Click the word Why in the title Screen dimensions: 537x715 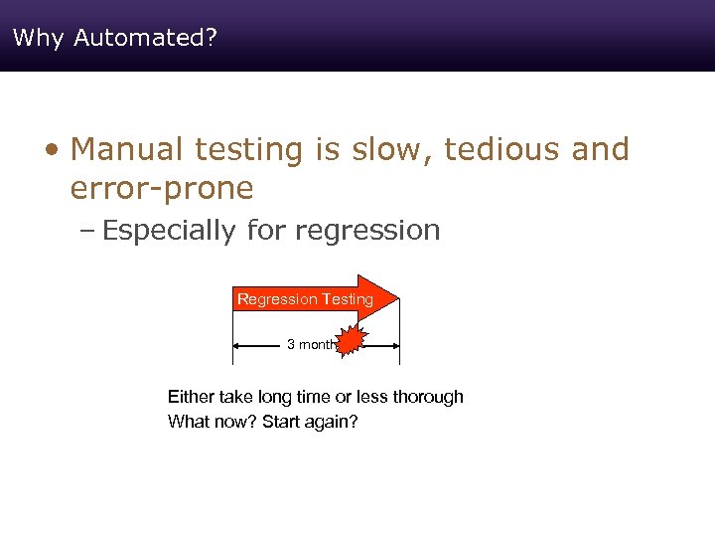coord(38,38)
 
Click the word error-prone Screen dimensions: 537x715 coord(162,188)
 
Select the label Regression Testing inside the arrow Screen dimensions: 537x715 coord(305,298)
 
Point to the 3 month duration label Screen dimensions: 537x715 coord(310,344)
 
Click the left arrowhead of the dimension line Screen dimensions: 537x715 coord(237,345)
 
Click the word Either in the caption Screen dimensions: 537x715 coord(189,397)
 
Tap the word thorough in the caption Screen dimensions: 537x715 coord(428,397)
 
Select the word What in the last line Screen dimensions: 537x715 coord(189,422)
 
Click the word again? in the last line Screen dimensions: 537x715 coord(334,422)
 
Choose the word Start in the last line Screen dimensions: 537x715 coord(282,422)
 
